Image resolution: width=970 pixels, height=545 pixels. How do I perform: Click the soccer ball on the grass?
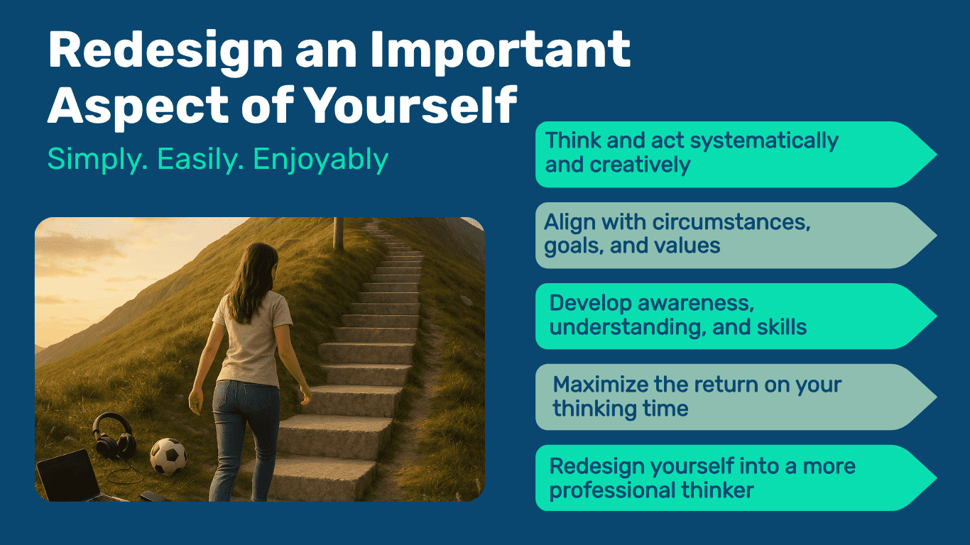pyautogui.click(x=168, y=456)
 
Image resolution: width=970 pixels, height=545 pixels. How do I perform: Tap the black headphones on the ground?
pyautogui.click(x=114, y=436)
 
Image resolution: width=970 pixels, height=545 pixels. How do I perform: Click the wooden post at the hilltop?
pyautogui.click(x=338, y=234)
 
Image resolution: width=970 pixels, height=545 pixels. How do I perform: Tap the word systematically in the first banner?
pyautogui.click(x=764, y=141)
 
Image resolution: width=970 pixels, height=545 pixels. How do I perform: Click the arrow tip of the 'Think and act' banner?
pyautogui.click(x=936, y=155)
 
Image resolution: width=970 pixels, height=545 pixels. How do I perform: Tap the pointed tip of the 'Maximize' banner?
pyautogui.click(x=936, y=397)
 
